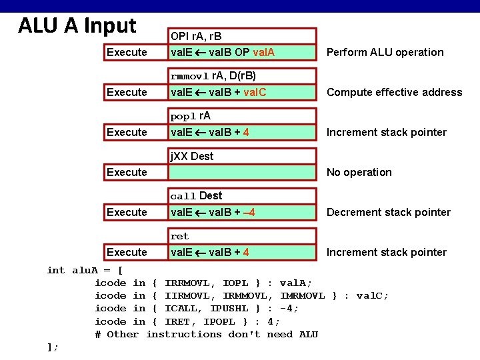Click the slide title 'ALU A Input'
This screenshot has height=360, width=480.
click(77, 26)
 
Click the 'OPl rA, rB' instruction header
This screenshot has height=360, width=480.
click(196, 36)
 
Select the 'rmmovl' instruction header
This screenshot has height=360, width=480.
click(213, 76)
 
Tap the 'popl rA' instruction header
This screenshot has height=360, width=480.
click(191, 116)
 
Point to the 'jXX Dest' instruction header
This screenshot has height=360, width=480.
click(192, 156)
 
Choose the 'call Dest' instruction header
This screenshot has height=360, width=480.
click(196, 196)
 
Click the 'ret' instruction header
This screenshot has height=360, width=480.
click(180, 236)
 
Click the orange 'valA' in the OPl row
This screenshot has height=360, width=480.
click(265, 52)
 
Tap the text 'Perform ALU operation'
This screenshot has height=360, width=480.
click(385, 52)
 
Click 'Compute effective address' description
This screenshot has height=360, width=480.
click(394, 92)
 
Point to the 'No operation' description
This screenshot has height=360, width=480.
click(359, 172)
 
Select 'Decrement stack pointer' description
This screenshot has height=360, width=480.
click(388, 212)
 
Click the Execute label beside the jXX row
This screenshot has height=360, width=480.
click(127, 172)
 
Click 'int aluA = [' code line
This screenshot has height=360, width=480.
click(85, 270)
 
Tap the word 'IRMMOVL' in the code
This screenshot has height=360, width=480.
click(245, 295)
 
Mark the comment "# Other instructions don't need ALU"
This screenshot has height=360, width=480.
click(206, 334)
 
